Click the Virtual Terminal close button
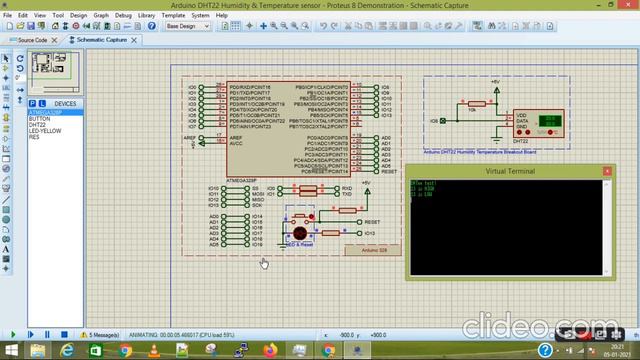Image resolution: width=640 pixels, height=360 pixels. coord(606,172)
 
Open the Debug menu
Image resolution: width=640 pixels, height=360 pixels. coord(123,16)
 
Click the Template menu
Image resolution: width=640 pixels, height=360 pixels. coord(172,16)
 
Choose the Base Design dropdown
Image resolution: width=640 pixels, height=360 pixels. coord(189,27)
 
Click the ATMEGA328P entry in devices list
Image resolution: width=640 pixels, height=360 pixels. coord(47,111)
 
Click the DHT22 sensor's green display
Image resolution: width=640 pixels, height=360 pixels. coord(549,119)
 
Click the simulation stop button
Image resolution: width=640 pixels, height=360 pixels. coord(65,335)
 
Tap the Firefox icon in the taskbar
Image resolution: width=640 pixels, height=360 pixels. coord(269,351)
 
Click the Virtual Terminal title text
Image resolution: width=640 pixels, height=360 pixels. coord(510,172)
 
